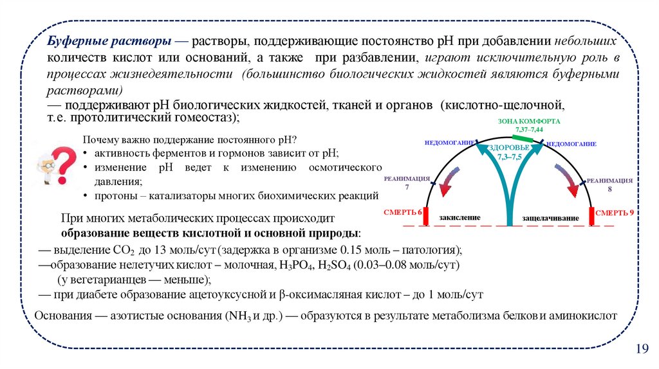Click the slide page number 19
point(641,348)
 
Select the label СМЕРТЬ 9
point(614,212)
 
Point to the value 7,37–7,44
point(529,129)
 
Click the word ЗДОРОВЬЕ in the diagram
point(508,148)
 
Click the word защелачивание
point(550,219)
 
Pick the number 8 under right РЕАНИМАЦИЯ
point(609,191)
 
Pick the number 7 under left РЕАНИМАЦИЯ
point(406,187)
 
